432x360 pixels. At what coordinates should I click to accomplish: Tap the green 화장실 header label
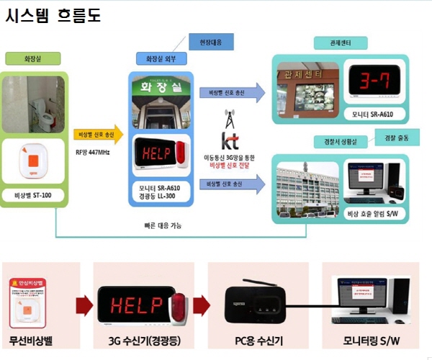coord(32,58)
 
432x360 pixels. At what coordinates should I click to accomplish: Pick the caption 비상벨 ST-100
coord(34,196)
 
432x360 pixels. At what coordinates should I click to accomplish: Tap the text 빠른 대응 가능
coord(163,225)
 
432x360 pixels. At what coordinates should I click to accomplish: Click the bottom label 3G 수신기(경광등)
coord(144,339)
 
